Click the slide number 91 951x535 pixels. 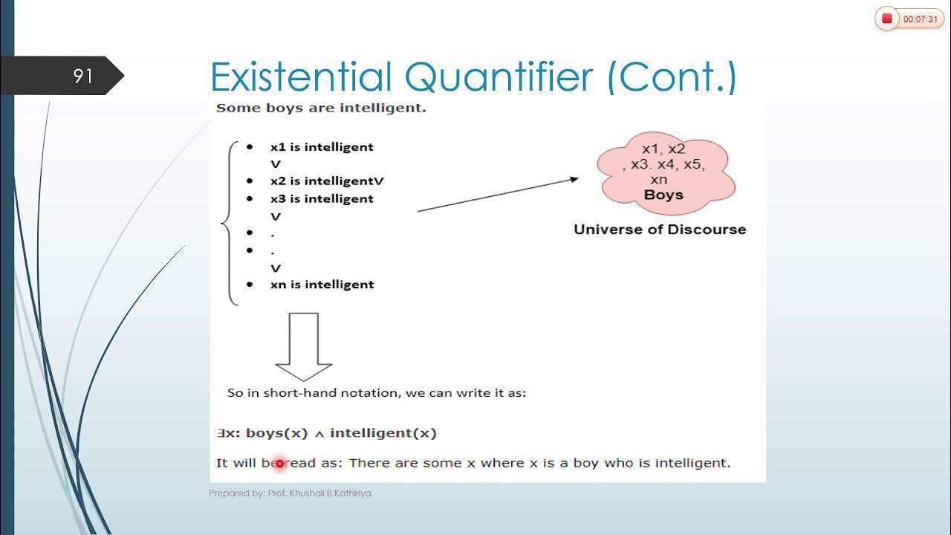click(82, 76)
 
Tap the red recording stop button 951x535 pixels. click(886, 19)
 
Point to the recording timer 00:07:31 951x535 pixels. click(921, 19)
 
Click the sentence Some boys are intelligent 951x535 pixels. click(320, 108)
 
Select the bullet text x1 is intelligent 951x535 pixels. click(322, 147)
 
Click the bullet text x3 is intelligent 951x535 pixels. click(322, 199)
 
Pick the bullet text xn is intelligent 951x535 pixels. click(322, 285)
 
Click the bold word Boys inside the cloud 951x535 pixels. click(663, 195)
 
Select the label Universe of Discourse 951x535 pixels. click(660, 230)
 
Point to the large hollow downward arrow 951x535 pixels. click(303, 346)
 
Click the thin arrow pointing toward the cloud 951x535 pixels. click(498, 195)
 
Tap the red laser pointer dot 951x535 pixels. click(279, 463)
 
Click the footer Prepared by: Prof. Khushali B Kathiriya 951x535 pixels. click(290, 493)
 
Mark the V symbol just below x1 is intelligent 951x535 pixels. click(276, 164)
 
